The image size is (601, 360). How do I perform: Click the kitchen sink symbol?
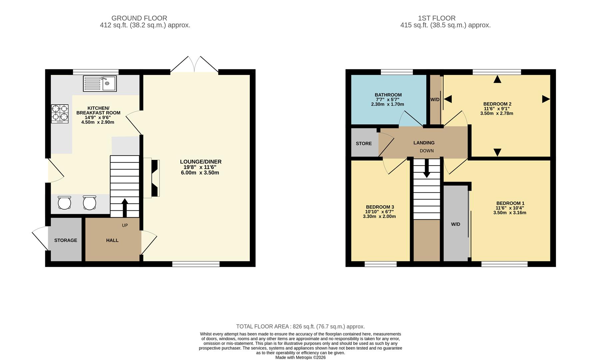pyautogui.click(x=100, y=83)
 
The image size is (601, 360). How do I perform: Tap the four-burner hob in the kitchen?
pyautogui.click(x=60, y=114)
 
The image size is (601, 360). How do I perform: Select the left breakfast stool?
pyautogui.click(x=64, y=202)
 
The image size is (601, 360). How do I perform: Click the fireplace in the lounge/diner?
pyautogui.click(x=155, y=178)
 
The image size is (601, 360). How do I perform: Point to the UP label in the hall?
pyautogui.click(x=125, y=225)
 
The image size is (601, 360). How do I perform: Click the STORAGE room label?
pyautogui.click(x=66, y=240)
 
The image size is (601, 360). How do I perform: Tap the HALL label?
pyautogui.click(x=112, y=240)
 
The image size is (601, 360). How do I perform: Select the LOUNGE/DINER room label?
pyautogui.click(x=201, y=162)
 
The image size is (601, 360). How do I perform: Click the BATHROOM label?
pyautogui.click(x=388, y=95)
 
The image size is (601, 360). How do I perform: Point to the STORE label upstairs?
pyautogui.click(x=363, y=144)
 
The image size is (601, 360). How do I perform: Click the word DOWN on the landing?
pyautogui.click(x=426, y=151)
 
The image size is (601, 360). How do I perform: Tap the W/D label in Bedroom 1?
pyautogui.click(x=455, y=224)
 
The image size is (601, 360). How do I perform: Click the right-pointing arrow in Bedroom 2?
pyautogui.click(x=546, y=99)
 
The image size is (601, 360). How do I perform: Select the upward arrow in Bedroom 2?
pyautogui.click(x=497, y=79)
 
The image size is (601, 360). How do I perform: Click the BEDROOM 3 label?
pyautogui.click(x=380, y=207)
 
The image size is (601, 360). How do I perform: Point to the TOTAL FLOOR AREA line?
pyautogui.click(x=300, y=327)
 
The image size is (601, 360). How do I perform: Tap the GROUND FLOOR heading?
pyautogui.click(x=139, y=18)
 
